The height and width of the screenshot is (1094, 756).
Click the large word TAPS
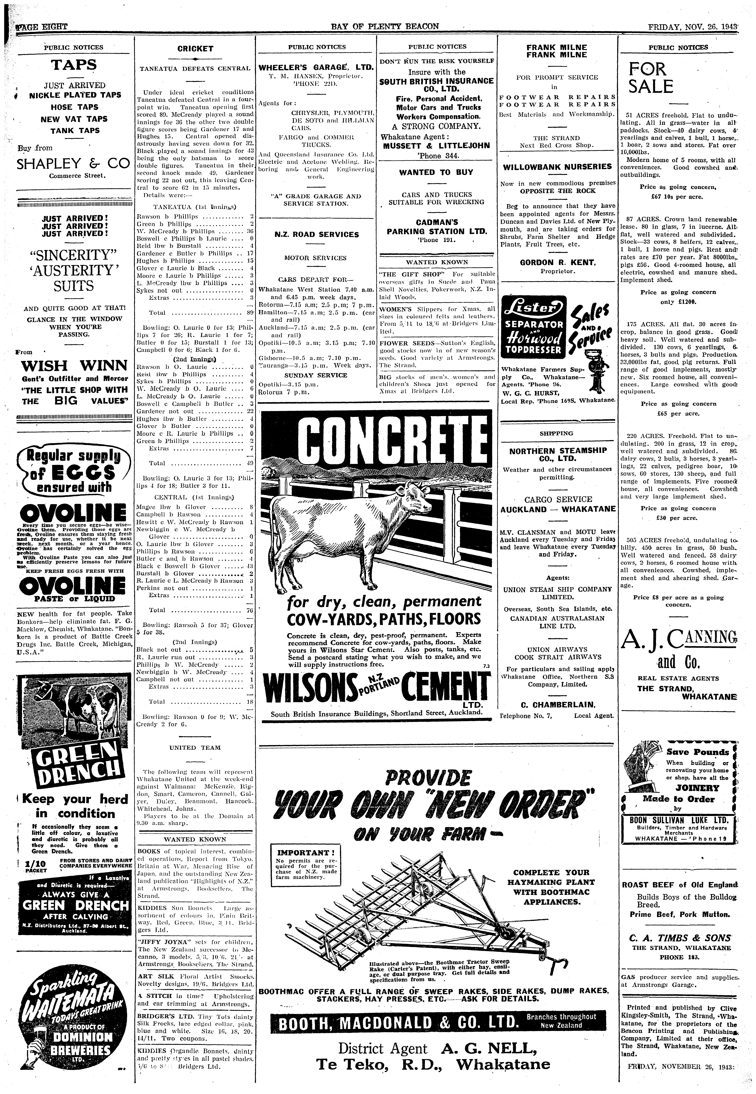click(x=74, y=65)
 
